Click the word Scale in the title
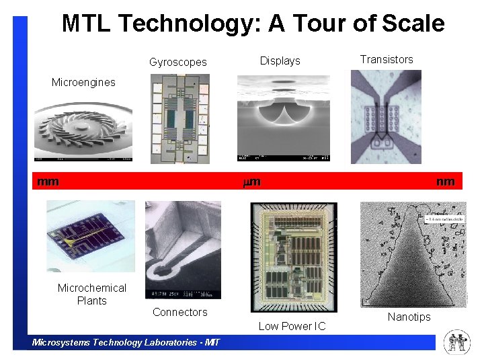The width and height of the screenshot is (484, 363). pos(413,24)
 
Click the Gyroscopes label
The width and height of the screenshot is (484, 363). pos(178,62)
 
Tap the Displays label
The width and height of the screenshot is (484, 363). pos(280,61)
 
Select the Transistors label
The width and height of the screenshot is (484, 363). pos(387,59)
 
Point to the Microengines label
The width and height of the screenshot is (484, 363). pos(83,82)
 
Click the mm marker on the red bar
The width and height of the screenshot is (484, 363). pos(48,182)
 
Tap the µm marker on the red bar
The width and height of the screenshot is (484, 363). pos(251,182)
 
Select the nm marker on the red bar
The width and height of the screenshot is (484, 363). pos(445,182)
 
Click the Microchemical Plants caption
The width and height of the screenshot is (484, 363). pos(91,294)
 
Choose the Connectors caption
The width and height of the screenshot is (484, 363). pos(179,312)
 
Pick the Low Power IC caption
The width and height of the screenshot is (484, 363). pos(292,326)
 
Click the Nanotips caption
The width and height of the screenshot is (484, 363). pos(409,317)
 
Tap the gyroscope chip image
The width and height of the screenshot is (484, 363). pos(179,118)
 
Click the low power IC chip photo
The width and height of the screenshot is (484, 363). pos(293,257)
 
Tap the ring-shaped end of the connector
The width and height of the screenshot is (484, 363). pos(164,272)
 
